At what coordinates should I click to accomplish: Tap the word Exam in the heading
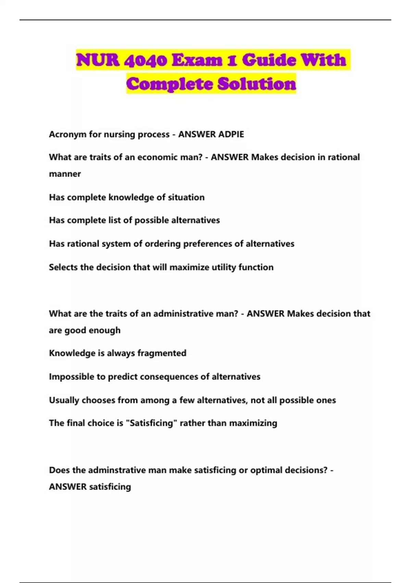click(197, 60)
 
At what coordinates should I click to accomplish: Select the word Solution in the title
click(257, 84)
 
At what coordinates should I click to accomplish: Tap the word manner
click(65, 174)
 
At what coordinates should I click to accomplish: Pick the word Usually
click(64, 400)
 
